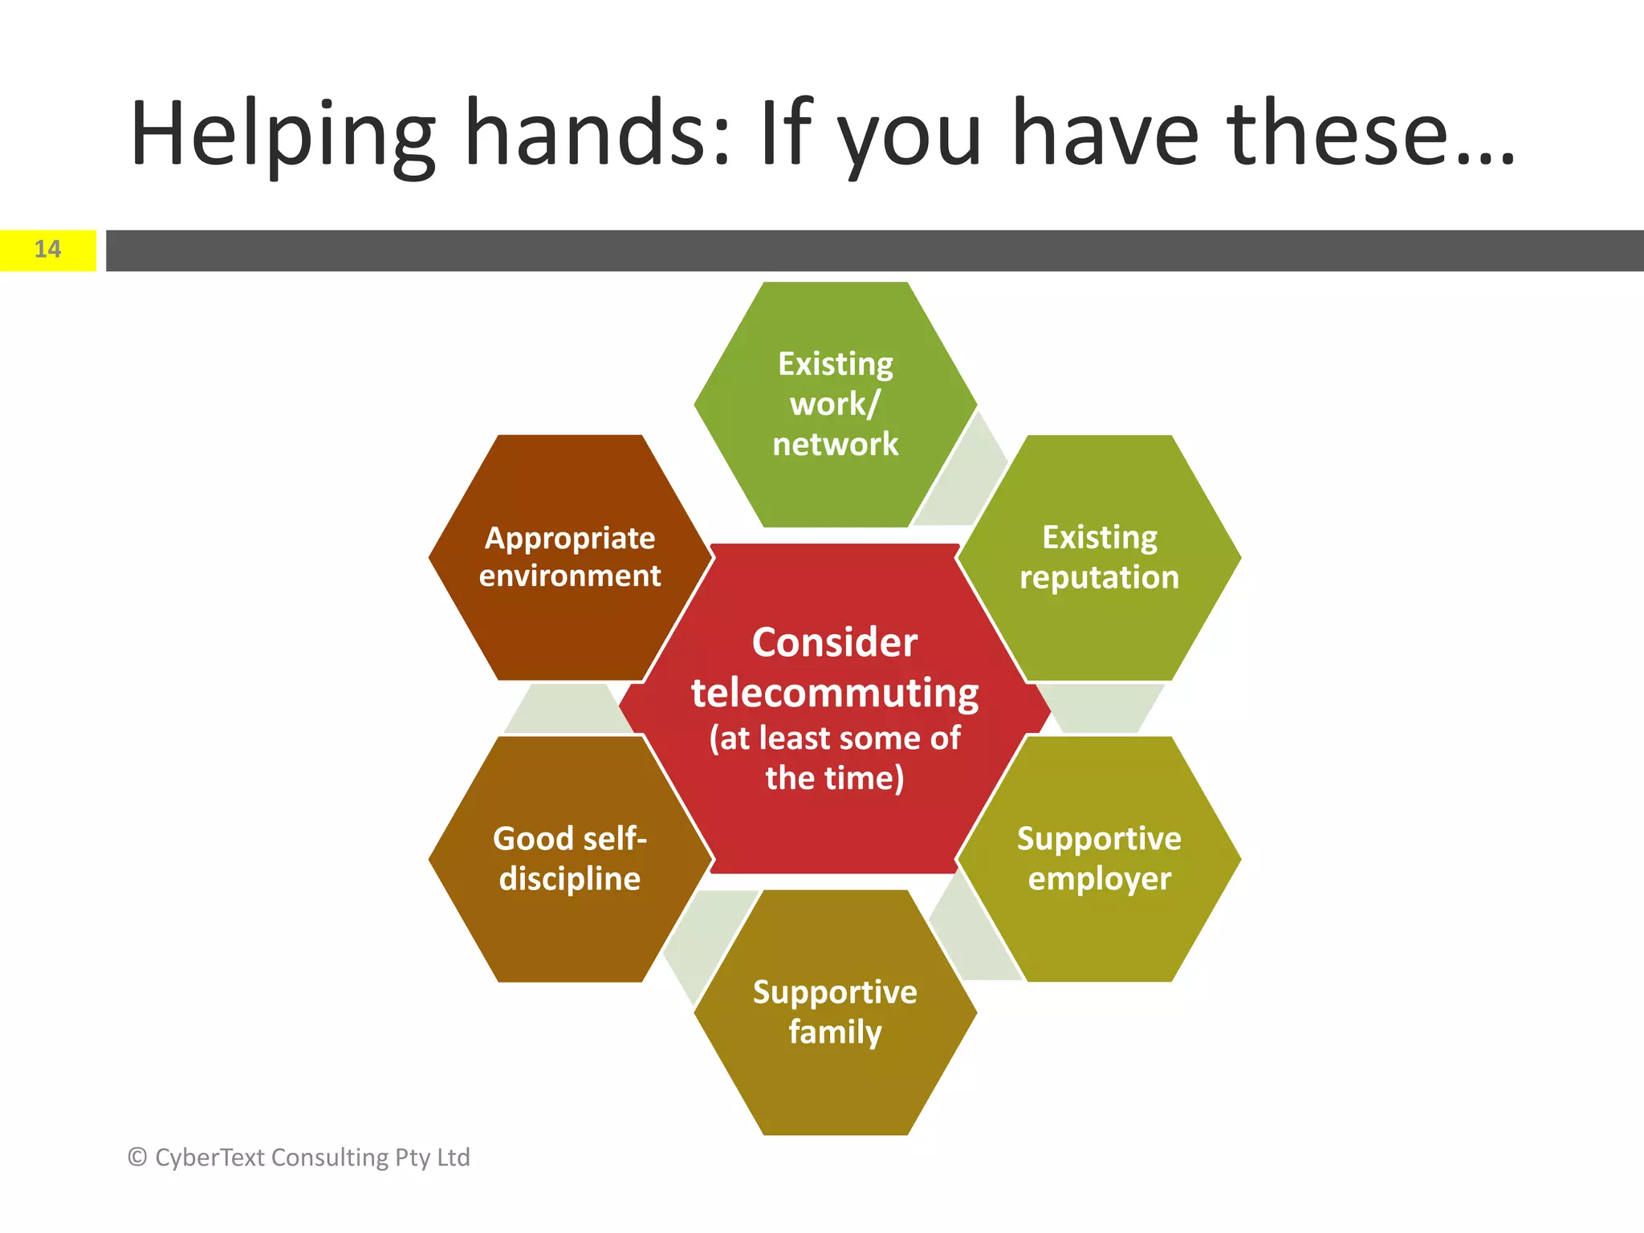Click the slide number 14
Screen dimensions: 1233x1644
pyautogui.click(x=47, y=250)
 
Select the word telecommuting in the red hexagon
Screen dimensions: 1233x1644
pyautogui.click(x=835, y=694)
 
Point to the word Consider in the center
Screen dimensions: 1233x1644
pyautogui.click(x=835, y=642)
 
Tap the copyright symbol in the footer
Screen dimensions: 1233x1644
pyautogui.click(x=137, y=1158)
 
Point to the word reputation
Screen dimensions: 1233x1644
pyautogui.click(x=1099, y=578)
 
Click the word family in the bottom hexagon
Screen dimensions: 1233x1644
pyautogui.click(x=835, y=1032)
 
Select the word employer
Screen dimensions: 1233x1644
pyautogui.click(x=1099, y=880)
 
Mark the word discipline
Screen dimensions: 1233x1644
pyautogui.click(x=570, y=880)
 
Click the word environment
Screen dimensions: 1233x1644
pyautogui.click(x=570, y=576)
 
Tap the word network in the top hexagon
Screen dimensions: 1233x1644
pyautogui.click(x=835, y=444)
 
